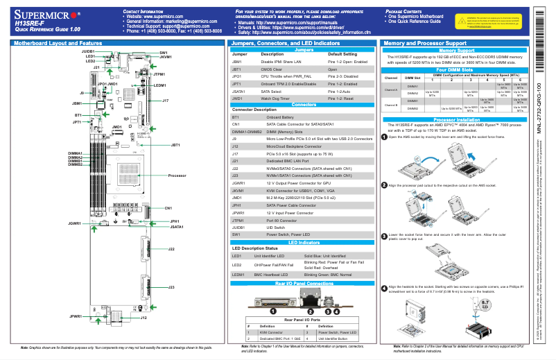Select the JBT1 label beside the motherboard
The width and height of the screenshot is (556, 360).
click(x=175, y=145)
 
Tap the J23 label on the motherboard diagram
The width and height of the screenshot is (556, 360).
click(x=171, y=286)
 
